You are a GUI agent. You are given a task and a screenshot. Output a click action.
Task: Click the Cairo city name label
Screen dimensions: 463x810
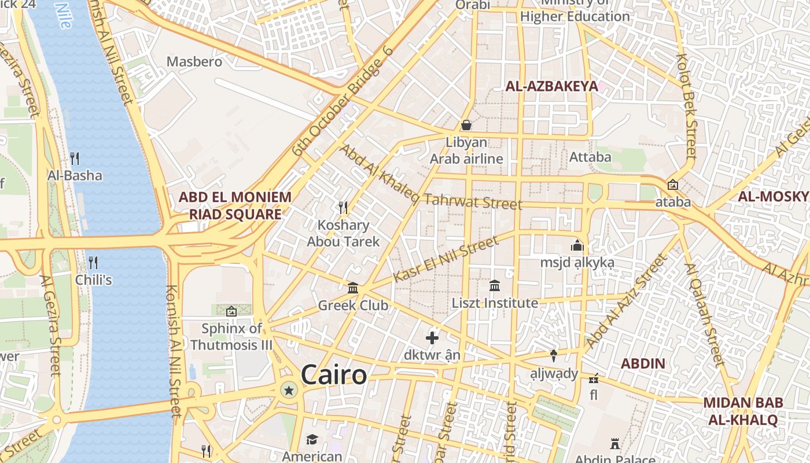click(334, 375)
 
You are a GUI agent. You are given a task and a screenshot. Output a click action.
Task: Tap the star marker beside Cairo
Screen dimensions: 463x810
click(289, 391)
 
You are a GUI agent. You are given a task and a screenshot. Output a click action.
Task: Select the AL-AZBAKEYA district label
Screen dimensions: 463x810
click(551, 87)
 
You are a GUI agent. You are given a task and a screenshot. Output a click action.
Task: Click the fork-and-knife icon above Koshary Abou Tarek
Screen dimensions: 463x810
click(343, 207)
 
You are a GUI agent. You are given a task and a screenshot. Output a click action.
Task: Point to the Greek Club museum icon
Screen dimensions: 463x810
click(353, 288)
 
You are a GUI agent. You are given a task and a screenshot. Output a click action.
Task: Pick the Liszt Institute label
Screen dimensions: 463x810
click(495, 303)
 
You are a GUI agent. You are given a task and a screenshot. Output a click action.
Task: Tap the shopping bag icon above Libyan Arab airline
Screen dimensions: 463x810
click(466, 125)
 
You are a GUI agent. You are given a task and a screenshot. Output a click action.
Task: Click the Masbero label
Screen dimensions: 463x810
click(194, 61)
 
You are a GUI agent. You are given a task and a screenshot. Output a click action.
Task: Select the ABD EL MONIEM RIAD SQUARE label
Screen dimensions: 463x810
click(235, 205)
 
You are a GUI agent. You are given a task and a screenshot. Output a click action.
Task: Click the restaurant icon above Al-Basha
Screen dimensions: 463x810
click(75, 158)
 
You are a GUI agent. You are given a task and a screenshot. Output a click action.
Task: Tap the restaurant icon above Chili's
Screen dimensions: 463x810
click(93, 263)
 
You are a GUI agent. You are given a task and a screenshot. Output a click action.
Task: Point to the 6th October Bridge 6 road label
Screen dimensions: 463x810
click(343, 102)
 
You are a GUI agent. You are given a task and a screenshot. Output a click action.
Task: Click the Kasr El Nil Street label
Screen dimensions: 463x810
click(446, 259)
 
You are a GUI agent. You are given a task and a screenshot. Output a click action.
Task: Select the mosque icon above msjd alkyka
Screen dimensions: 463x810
click(577, 245)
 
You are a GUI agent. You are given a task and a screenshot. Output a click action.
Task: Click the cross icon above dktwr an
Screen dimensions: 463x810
click(432, 338)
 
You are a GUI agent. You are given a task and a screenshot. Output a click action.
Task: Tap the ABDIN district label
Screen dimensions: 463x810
click(643, 364)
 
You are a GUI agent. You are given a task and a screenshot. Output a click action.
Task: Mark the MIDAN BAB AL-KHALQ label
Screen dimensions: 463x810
click(743, 411)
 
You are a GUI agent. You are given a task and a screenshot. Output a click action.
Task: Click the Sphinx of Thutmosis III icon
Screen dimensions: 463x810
click(231, 311)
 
